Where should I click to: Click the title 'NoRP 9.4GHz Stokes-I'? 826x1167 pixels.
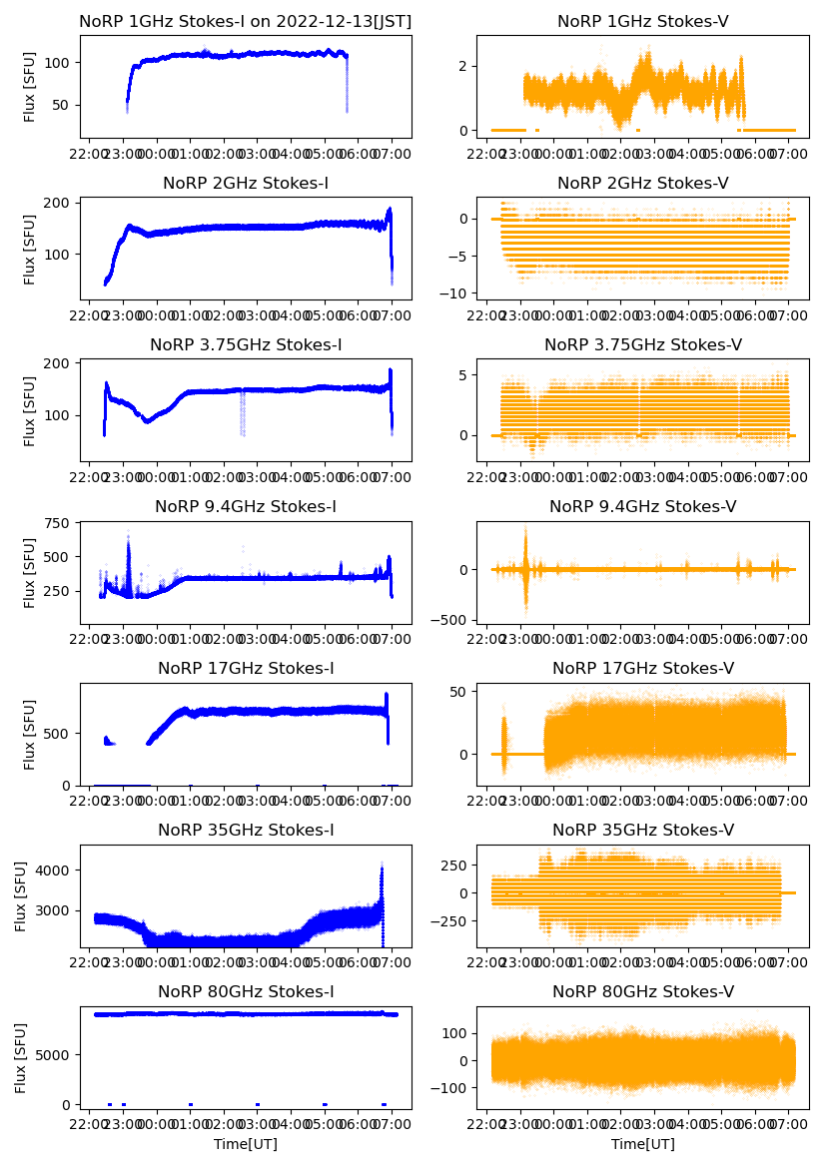tap(246, 507)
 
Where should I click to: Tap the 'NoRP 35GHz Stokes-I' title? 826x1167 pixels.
tap(246, 831)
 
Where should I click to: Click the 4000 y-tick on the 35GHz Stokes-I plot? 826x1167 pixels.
tap(55, 871)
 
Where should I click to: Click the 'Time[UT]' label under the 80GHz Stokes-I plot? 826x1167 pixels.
tap(246, 1144)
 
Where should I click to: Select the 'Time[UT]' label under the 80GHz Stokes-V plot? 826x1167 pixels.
tap(642, 1144)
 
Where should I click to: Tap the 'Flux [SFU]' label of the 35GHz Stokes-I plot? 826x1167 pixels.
tap(21, 896)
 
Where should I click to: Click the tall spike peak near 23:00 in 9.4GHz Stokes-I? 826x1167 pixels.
tap(128, 536)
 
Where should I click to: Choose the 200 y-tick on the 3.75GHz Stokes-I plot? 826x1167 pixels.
tap(62, 362)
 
